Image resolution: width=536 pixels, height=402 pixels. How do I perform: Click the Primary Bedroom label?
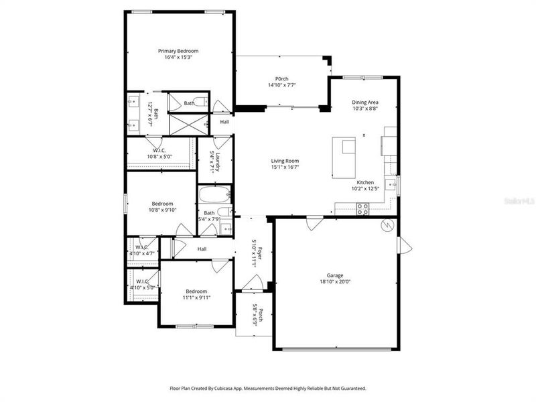[x=178, y=50]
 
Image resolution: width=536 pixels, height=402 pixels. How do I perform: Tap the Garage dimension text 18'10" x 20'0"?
[x=334, y=282]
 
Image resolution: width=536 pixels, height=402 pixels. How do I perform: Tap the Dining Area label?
[x=365, y=102]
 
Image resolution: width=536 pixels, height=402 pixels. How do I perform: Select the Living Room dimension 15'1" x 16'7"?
[x=285, y=167]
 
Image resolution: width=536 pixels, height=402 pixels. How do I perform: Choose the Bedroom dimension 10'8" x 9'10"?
[x=162, y=210]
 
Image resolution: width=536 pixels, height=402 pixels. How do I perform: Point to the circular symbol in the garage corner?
[x=386, y=224]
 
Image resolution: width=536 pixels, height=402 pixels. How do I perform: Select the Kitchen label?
[x=365, y=182]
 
